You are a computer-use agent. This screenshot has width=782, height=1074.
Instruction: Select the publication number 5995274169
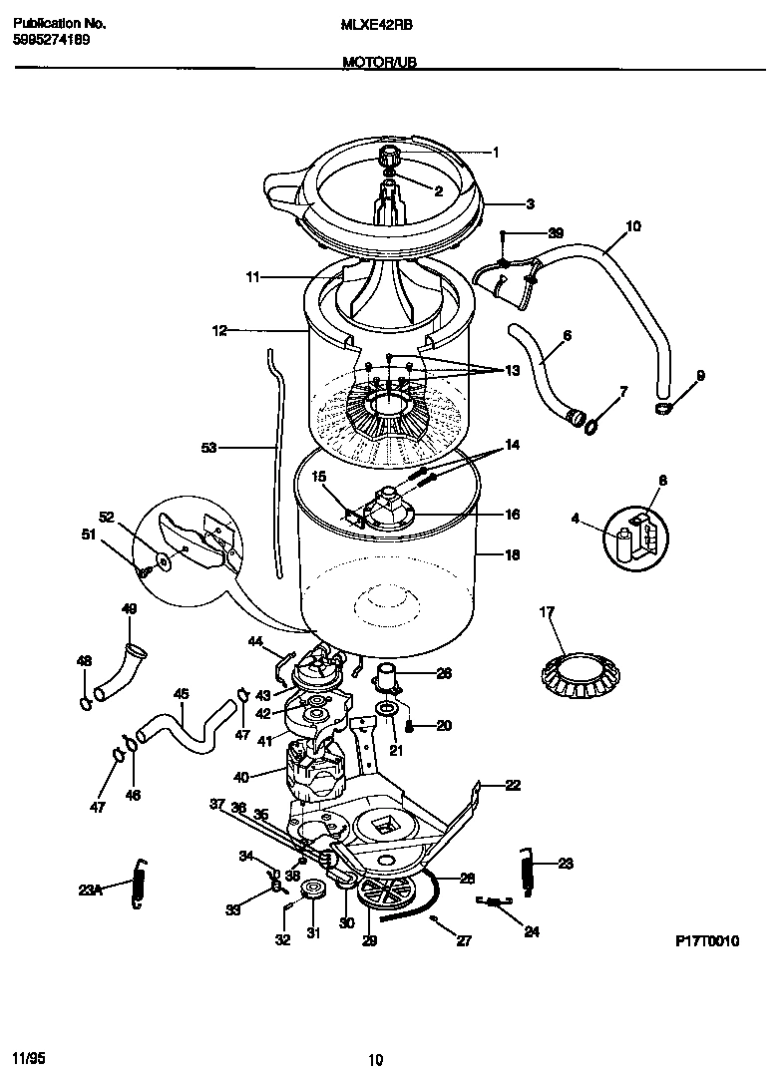pyautogui.click(x=50, y=40)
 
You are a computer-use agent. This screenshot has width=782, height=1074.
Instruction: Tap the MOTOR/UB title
pyautogui.click(x=379, y=62)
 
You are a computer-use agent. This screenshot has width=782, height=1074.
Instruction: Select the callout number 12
pyautogui.click(x=218, y=328)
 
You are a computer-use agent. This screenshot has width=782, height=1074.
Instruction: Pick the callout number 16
pyautogui.click(x=512, y=516)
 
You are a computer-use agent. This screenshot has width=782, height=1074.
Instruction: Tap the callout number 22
pyautogui.click(x=512, y=786)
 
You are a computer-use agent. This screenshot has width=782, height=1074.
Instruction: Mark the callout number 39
pyautogui.click(x=556, y=232)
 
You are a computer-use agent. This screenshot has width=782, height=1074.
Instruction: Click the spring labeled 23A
pyautogui.click(x=141, y=885)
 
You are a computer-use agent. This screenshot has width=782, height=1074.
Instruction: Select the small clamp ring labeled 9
pyautogui.click(x=663, y=408)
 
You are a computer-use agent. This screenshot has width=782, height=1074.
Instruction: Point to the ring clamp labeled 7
pyautogui.click(x=590, y=427)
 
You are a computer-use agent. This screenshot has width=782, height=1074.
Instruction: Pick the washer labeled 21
pyautogui.click(x=384, y=709)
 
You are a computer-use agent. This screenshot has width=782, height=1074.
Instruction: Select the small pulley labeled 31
pyautogui.click(x=316, y=890)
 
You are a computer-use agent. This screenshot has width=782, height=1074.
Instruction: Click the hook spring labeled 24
pyautogui.click(x=494, y=902)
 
